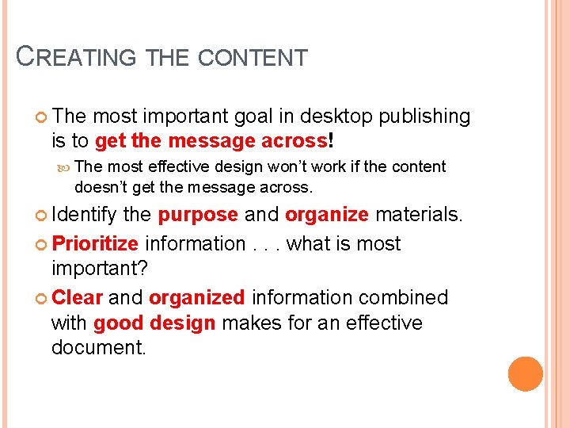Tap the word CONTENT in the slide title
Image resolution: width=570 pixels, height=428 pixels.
[x=252, y=58]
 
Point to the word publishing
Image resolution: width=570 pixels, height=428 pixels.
[x=424, y=117]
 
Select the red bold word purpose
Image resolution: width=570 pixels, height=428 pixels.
[x=197, y=215]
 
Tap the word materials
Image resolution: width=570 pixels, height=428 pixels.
[x=419, y=215]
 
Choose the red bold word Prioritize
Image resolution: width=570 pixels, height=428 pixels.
[x=95, y=243]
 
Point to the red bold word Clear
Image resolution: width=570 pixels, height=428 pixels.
[x=77, y=297]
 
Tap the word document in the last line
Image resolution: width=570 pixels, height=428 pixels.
[x=98, y=348]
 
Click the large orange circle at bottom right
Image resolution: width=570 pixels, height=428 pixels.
[x=526, y=374]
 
